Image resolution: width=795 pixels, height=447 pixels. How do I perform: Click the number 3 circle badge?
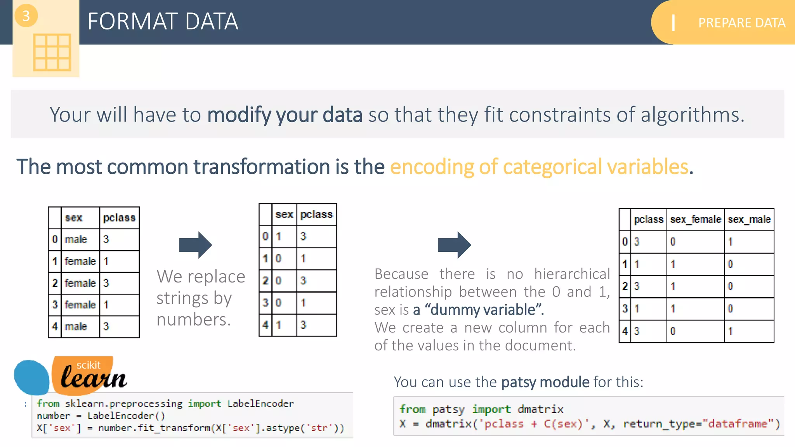pyautogui.click(x=26, y=16)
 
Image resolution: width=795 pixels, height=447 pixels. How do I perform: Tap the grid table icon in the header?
pyautogui.click(x=52, y=52)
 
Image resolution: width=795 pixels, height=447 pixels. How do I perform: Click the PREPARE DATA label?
pyautogui.click(x=741, y=23)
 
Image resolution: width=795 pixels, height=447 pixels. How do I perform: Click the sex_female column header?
pyautogui.click(x=695, y=220)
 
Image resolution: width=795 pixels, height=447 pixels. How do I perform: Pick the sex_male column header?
pyautogui.click(x=749, y=220)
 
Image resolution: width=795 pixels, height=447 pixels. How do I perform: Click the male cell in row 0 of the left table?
pyautogui.click(x=76, y=240)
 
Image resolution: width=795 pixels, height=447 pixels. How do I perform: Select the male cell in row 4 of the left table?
pyautogui.click(x=76, y=327)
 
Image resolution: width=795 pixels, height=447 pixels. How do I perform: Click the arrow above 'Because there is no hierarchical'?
pyautogui.click(x=454, y=245)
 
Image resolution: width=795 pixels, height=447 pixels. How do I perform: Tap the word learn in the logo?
pyautogui.click(x=94, y=378)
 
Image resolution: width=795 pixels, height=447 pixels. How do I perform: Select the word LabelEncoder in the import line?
pyautogui.click(x=260, y=404)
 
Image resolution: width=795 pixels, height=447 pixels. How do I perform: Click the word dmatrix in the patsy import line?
pyautogui.click(x=541, y=409)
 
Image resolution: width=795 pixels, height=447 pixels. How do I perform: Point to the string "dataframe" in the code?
pyautogui.click(x=737, y=424)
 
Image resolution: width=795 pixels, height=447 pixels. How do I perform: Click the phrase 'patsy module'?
pyautogui.click(x=545, y=382)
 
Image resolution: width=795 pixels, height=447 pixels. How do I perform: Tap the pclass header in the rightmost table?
pyautogui.click(x=648, y=220)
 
